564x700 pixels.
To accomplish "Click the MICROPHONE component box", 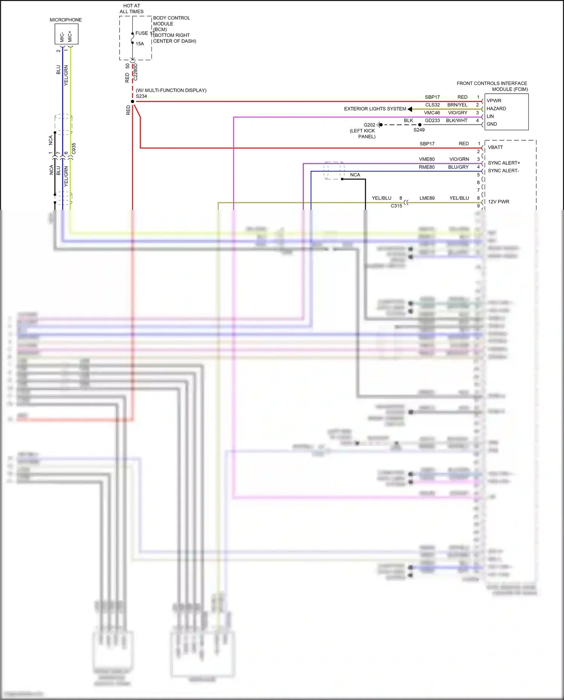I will pyautogui.click(x=67, y=34).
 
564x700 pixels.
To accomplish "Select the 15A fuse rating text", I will pyautogui.click(x=140, y=44).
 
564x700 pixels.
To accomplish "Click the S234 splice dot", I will pyautogui.click(x=132, y=102).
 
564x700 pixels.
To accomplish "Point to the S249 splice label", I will pyautogui.click(x=419, y=130).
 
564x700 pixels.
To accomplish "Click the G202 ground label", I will pyautogui.click(x=369, y=125).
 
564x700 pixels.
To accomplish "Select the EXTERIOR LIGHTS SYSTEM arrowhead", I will pyautogui.click(x=410, y=109).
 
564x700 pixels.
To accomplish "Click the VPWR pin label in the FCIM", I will pyautogui.click(x=494, y=101).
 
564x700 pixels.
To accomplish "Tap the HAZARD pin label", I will pyautogui.click(x=496, y=109).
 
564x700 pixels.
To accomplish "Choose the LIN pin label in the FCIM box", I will pyautogui.click(x=490, y=116).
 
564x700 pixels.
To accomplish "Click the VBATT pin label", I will pyautogui.click(x=495, y=147).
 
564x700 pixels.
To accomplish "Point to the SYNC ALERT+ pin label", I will pyautogui.click(x=504, y=163).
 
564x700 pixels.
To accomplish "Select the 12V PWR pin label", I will pyautogui.click(x=498, y=202).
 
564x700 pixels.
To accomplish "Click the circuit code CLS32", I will pyautogui.click(x=432, y=105).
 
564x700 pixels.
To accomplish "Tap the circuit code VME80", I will pyautogui.click(x=427, y=159).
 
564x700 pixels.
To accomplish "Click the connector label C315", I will pyautogui.click(x=396, y=206).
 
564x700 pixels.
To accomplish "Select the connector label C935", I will pyautogui.click(x=74, y=149).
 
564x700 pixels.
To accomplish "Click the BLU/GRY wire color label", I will pyautogui.click(x=458, y=167).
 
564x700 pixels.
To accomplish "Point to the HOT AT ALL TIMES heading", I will pyautogui.click(x=132, y=9).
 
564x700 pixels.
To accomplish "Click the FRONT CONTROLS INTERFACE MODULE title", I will pyautogui.click(x=492, y=86).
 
